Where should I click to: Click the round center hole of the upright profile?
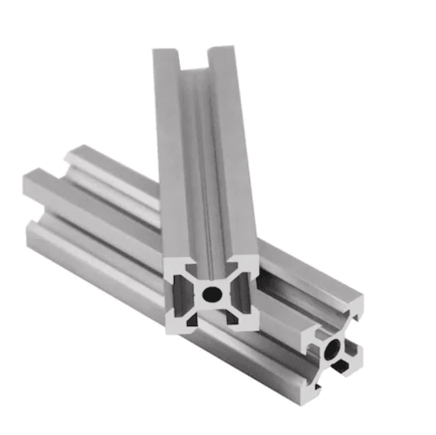pyautogui.click(x=213, y=294)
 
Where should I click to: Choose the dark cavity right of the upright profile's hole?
pyautogui.click(x=238, y=293)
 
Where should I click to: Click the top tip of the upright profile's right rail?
pyautogui.click(x=221, y=49)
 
